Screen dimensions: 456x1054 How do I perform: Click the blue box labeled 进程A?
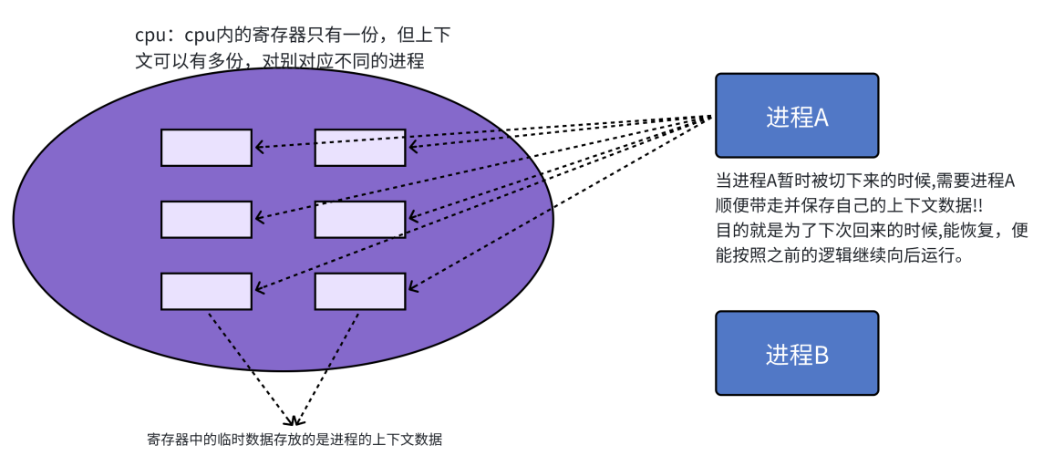pos(796,116)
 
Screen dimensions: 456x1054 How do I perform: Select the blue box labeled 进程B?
pos(796,353)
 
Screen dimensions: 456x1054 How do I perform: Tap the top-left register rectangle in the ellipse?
pos(206,148)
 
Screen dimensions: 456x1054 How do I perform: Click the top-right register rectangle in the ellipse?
pos(360,148)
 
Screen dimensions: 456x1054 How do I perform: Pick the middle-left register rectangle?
pos(206,219)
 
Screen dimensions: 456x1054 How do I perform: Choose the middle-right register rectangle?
pos(360,219)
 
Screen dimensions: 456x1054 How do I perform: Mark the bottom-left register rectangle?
pos(206,291)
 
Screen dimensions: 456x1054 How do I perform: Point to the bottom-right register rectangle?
pos(360,291)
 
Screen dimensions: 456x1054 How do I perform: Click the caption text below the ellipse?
pos(294,440)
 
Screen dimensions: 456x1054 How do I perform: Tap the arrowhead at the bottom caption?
pos(294,422)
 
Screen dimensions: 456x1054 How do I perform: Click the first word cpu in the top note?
pos(149,36)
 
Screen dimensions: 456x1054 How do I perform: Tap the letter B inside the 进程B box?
pos(820,355)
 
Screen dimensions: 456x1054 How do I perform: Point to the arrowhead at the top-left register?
pos(259,147)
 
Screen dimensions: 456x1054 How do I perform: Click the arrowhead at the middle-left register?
pos(259,219)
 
